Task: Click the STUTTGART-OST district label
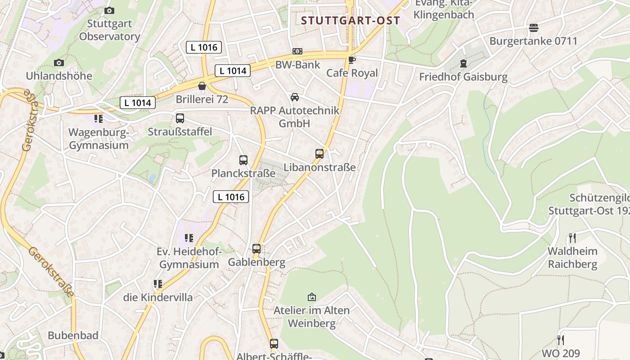tap(351, 20)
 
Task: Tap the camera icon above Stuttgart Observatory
tap(109, 10)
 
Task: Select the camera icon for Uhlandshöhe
tap(58, 63)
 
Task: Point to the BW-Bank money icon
tap(297, 51)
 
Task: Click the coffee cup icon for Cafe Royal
tap(352, 59)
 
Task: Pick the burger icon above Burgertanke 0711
tap(534, 28)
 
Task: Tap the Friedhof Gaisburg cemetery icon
tap(463, 64)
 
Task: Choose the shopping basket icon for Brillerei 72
tap(202, 86)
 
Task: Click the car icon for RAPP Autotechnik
tap(295, 97)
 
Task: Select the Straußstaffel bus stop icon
tap(180, 118)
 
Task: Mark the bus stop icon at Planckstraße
tap(243, 160)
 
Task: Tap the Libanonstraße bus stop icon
tap(319, 154)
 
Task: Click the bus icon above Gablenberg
tap(256, 248)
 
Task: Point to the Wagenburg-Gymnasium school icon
tap(99, 119)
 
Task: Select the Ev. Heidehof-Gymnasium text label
tap(189, 258)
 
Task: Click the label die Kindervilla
tap(158, 297)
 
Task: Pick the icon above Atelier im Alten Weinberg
tap(311, 297)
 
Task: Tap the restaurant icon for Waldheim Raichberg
tap(572, 238)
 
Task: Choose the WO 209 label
tap(561, 353)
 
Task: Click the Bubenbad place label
tap(73, 335)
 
